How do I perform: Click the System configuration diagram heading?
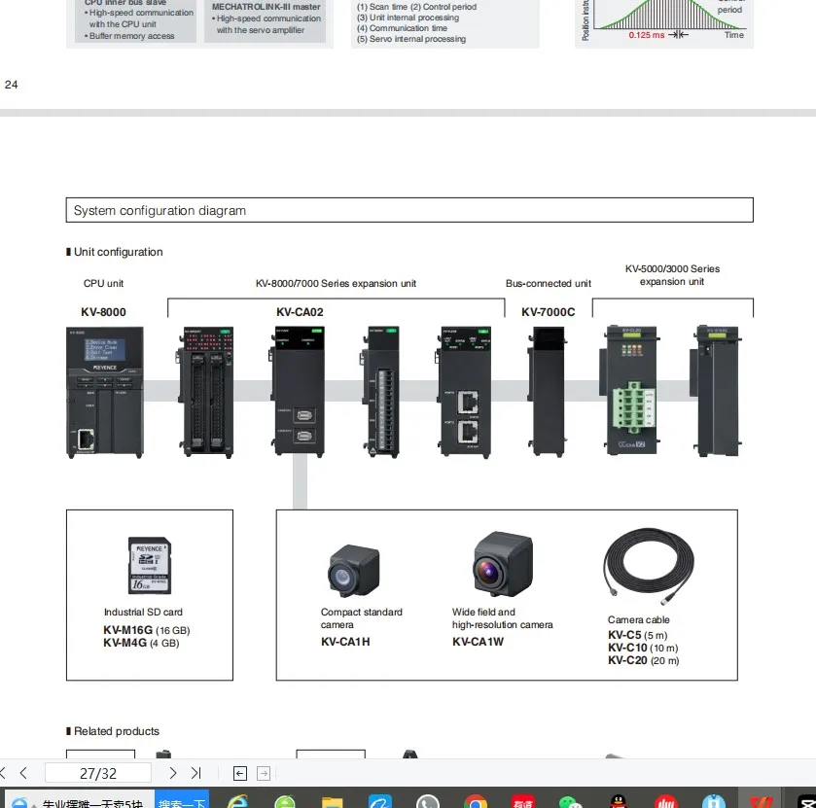pyautogui.click(x=160, y=210)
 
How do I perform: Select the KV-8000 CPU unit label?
pyautogui.click(x=103, y=312)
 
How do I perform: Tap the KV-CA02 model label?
pyautogui.click(x=300, y=312)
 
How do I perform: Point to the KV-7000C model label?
pyautogui.click(x=548, y=312)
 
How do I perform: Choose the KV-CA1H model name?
pyautogui.click(x=345, y=642)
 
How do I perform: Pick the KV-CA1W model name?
pyautogui.click(x=478, y=642)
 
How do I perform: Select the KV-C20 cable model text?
pyautogui.click(x=627, y=660)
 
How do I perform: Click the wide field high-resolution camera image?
pyautogui.click(x=503, y=565)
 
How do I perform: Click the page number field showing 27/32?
pyautogui.click(x=97, y=774)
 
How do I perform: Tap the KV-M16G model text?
pyautogui.click(x=128, y=630)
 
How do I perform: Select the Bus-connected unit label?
pyautogui.click(x=548, y=283)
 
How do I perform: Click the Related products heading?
pyautogui.click(x=116, y=731)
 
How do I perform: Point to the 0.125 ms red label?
pyautogui.click(x=647, y=35)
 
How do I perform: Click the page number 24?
pyautogui.click(x=12, y=85)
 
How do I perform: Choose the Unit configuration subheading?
pyautogui.click(x=118, y=252)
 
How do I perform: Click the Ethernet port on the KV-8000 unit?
pyautogui.click(x=86, y=439)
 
